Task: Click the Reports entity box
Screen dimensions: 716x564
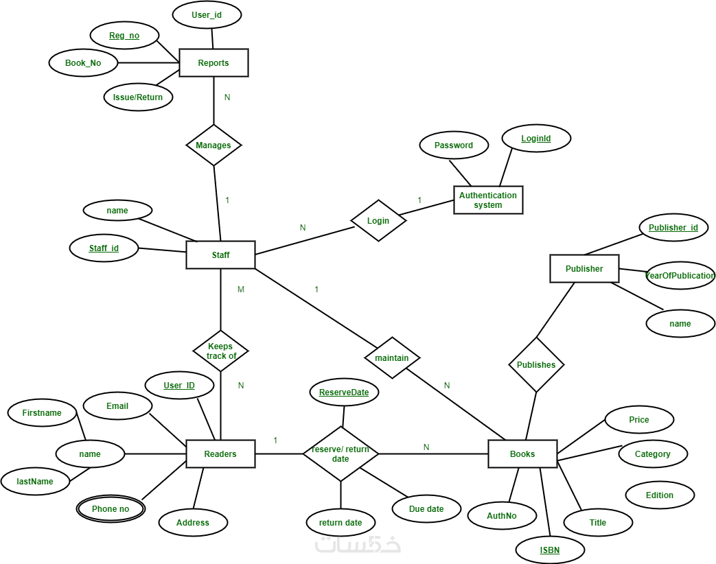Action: pyautogui.click(x=213, y=62)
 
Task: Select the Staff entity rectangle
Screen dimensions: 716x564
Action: pyautogui.click(x=220, y=255)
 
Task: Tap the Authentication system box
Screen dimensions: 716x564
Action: pyautogui.click(x=488, y=200)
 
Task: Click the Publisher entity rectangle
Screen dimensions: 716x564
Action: pyautogui.click(x=584, y=269)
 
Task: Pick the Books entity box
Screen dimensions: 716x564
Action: pyautogui.click(x=522, y=454)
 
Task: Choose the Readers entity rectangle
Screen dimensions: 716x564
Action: pyautogui.click(x=220, y=454)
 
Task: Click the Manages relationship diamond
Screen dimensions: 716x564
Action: pyautogui.click(x=213, y=145)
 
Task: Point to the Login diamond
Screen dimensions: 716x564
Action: pyautogui.click(x=378, y=220)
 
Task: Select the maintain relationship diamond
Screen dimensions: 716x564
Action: pyautogui.click(x=392, y=357)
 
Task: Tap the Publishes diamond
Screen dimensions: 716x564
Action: pyautogui.click(x=536, y=364)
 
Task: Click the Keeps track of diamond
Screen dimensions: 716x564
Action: pyautogui.click(x=220, y=351)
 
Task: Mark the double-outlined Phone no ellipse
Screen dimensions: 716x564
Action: pyautogui.click(x=111, y=508)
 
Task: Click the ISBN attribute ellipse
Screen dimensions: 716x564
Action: pyautogui.click(x=550, y=550)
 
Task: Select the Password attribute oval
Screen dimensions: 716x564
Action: pyautogui.click(x=454, y=145)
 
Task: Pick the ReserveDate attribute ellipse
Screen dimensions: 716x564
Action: pyautogui.click(x=344, y=392)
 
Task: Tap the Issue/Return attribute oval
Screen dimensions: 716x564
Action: pyautogui.click(x=138, y=97)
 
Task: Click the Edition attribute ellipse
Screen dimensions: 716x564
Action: pyautogui.click(x=660, y=495)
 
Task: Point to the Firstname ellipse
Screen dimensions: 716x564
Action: pyautogui.click(x=42, y=412)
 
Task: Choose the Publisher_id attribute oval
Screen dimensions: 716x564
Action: pyautogui.click(x=673, y=227)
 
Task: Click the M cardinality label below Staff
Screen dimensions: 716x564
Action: pyautogui.click(x=241, y=290)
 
